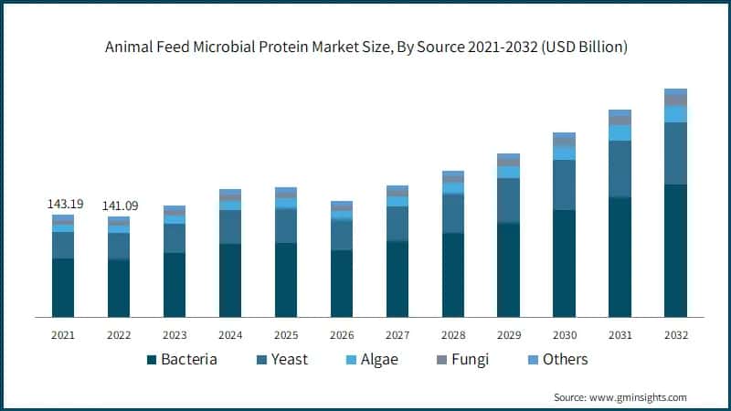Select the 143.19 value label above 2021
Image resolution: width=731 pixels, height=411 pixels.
[65, 204]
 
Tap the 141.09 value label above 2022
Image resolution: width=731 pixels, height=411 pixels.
[120, 205]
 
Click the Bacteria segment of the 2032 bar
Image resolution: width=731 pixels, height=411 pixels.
[675, 250]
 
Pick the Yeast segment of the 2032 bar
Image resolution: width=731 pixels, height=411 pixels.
[675, 153]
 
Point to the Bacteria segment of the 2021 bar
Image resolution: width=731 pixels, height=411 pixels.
[63, 288]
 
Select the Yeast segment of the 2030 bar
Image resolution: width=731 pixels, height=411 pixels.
[564, 184]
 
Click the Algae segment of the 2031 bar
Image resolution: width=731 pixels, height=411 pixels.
[620, 133]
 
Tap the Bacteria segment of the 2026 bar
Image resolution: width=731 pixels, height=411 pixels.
[341, 283]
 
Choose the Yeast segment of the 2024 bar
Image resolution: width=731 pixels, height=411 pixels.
[229, 227]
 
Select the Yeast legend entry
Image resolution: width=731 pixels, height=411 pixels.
[280, 359]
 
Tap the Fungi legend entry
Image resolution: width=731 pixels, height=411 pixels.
[461, 359]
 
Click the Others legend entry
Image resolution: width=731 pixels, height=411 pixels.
[556, 359]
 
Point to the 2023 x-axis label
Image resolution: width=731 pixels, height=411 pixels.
[175, 335]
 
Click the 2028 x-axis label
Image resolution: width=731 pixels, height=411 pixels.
[452, 335]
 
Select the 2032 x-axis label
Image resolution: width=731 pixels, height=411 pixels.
[675, 335]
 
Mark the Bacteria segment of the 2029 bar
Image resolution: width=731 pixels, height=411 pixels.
[508, 269]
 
